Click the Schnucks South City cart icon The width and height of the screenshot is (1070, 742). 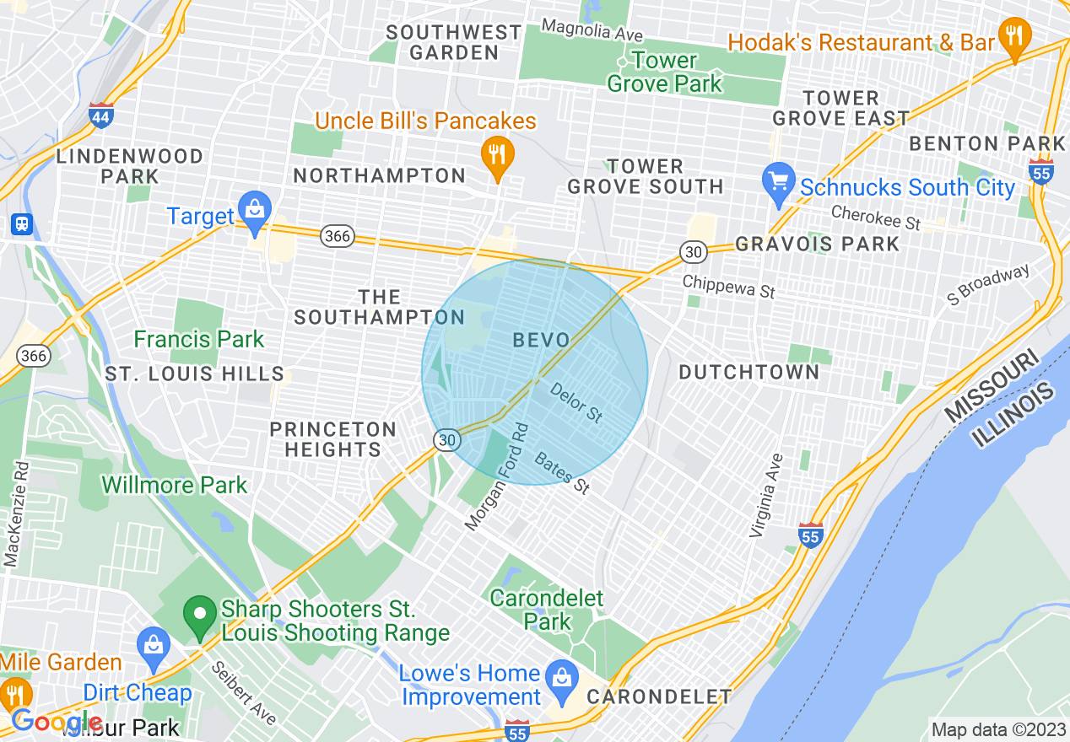(x=779, y=182)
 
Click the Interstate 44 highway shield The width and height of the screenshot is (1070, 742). (x=100, y=116)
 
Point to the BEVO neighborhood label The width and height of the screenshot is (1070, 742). (x=541, y=340)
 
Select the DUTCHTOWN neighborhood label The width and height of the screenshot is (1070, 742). (x=748, y=372)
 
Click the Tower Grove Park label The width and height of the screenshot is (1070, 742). (x=665, y=72)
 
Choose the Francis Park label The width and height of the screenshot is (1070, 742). (x=199, y=340)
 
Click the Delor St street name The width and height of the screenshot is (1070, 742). (x=576, y=402)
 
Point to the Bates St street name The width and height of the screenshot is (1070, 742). (x=561, y=472)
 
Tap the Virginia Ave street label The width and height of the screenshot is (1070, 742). (x=767, y=496)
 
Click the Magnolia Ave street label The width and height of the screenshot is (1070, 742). (x=592, y=30)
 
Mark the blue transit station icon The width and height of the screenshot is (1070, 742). (x=19, y=224)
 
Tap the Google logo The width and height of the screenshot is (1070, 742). (x=57, y=722)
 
